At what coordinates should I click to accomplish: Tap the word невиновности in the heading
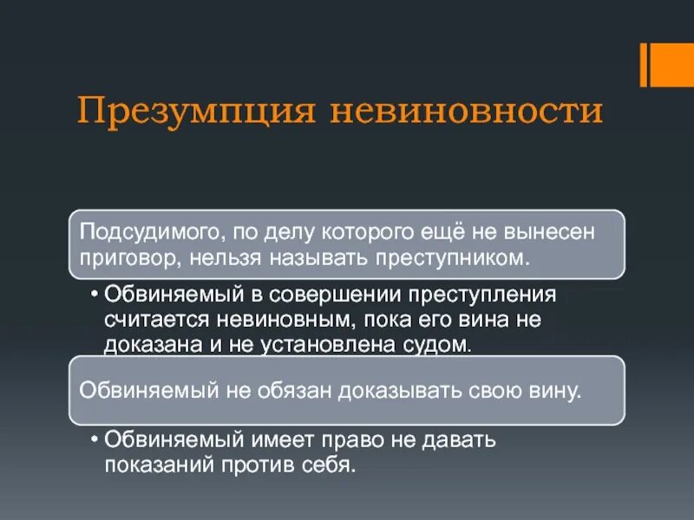click(x=466, y=113)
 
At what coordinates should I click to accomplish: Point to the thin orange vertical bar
click(x=644, y=65)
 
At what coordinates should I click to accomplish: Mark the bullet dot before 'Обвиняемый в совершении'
click(x=93, y=294)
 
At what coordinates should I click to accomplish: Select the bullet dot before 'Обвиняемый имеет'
click(x=93, y=439)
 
